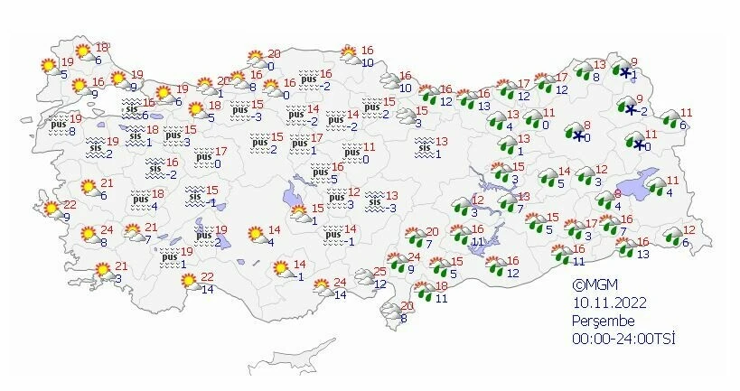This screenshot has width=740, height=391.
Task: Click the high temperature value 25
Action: [379, 271]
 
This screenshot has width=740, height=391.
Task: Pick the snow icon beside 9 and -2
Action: [631, 108]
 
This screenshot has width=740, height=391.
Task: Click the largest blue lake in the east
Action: [653, 181]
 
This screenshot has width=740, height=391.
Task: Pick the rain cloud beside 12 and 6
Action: [673, 236]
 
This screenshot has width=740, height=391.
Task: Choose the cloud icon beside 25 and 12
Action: [365, 277]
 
